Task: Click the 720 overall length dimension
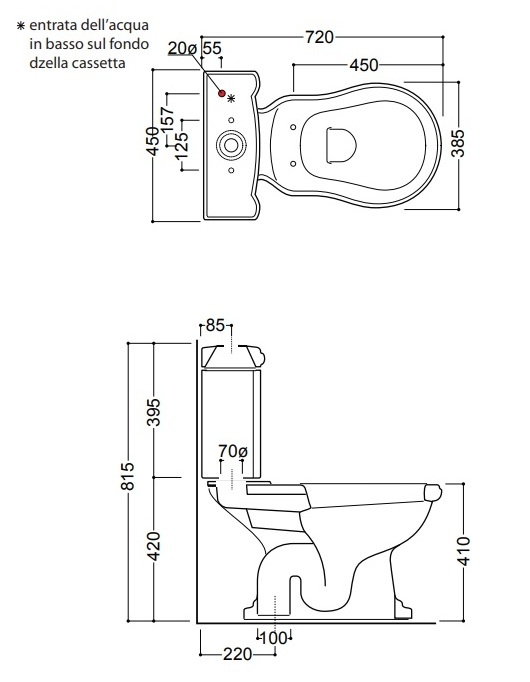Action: [319, 37]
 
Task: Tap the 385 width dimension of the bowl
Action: [458, 143]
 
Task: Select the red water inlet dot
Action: [222, 93]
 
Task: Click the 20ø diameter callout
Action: [183, 48]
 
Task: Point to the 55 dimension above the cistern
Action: [212, 48]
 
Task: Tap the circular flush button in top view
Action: [231, 144]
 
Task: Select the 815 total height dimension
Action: [127, 476]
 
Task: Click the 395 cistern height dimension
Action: [153, 411]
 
